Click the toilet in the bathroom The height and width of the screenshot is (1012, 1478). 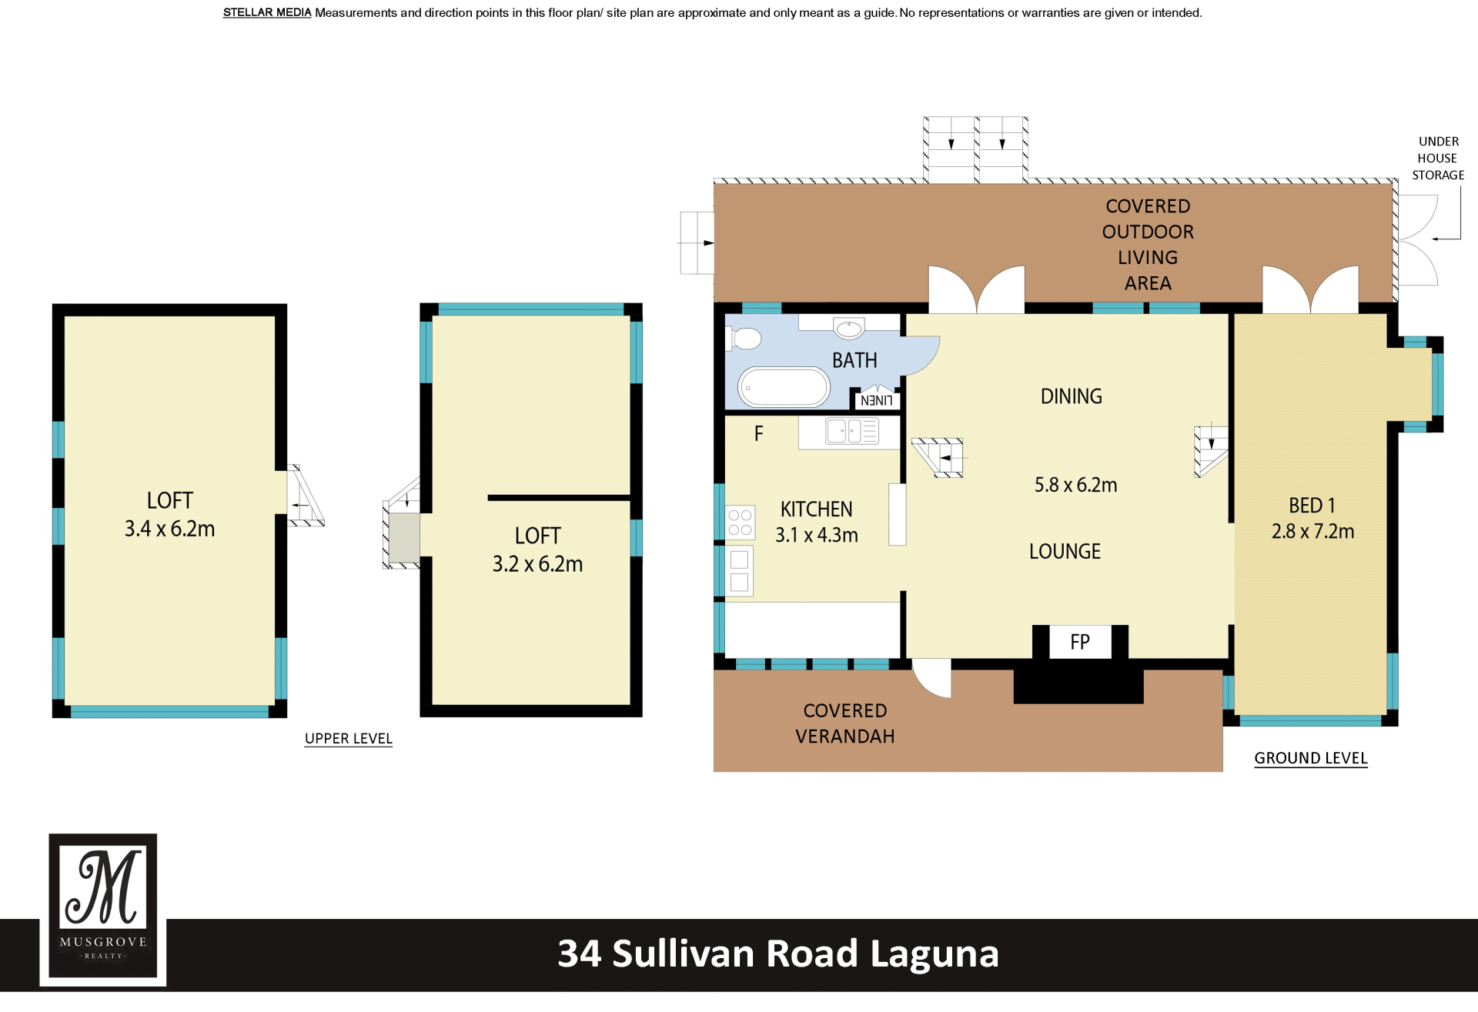click(x=746, y=339)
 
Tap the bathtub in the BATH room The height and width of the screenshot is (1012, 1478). click(x=784, y=387)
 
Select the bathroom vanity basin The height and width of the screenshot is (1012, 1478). click(x=849, y=329)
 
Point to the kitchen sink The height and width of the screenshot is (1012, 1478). click(x=852, y=431)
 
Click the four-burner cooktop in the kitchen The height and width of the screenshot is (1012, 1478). click(x=740, y=523)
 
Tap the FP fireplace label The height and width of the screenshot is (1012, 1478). click(x=1080, y=642)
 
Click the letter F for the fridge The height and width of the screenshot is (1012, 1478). click(x=759, y=434)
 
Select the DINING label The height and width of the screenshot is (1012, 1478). click(x=1072, y=396)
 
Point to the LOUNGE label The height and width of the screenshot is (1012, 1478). click(x=1065, y=551)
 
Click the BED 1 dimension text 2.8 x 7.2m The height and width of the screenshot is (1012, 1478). click(x=1312, y=531)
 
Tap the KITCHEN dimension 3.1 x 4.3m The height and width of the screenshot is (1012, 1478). click(x=817, y=535)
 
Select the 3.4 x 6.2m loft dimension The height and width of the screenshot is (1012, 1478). click(x=170, y=529)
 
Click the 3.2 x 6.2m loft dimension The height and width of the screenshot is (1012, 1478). click(x=538, y=564)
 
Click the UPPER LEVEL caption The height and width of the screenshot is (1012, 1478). click(x=349, y=739)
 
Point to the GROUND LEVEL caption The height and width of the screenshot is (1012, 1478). click(x=1311, y=758)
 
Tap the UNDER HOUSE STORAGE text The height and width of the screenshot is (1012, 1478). click(x=1438, y=159)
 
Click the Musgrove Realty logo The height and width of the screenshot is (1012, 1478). click(x=103, y=910)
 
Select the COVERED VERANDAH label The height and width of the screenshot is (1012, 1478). click(x=845, y=723)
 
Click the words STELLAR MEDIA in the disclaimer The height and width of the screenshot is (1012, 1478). click(x=267, y=12)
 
